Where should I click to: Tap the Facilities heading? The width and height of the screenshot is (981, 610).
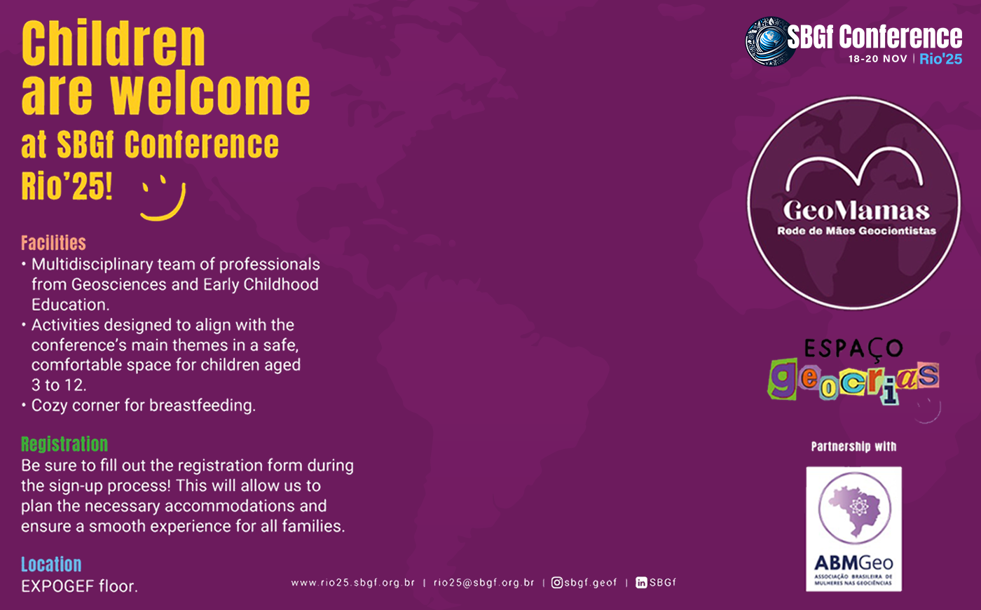pyautogui.click(x=53, y=243)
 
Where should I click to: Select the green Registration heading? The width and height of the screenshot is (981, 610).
pyautogui.click(x=64, y=444)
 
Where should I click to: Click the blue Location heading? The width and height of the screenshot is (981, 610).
pyautogui.click(x=51, y=564)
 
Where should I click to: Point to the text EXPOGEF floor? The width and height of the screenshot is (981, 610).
pyautogui.click(x=79, y=586)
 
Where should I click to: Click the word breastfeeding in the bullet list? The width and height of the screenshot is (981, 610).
pyautogui.click(x=203, y=405)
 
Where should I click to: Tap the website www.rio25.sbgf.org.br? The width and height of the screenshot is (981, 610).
pyautogui.click(x=352, y=583)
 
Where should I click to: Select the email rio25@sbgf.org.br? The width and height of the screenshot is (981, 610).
pyautogui.click(x=484, y=583)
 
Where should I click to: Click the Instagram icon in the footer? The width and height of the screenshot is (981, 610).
pyautogui.click(x=556, y=583)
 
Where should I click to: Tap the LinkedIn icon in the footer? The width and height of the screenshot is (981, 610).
pyautogui.click(x=641, y=583)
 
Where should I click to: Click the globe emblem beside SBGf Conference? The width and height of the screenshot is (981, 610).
pyautogui.click(x=769, y=41)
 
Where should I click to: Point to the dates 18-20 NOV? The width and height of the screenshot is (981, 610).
pyautogui.click(x=877, y=59)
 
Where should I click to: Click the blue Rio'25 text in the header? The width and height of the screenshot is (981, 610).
pyautogui.click(x=940, y=59)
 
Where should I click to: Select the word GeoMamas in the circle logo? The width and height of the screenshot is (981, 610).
pyautogui.click(x=856, y=211)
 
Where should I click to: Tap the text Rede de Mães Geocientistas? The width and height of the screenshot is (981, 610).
pyautogui.click(x=856, y=230)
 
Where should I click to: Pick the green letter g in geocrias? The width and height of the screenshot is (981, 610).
pyautogui.click(x=783, y=378)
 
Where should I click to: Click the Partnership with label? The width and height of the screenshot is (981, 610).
pyautogui.click(x=853, y=446)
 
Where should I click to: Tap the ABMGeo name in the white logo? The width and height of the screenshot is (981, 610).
pyautogui.click(x=853, y=563)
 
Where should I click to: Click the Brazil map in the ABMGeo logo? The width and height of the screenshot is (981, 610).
pyautogui.click(x=856, y=508)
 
